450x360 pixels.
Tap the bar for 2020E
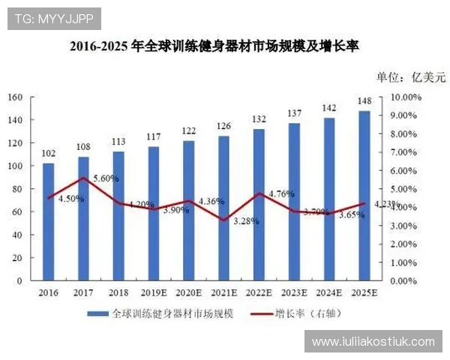[x=189, y=211]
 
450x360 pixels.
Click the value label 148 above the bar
[x=364, y=102]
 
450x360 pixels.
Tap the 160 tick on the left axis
[x=16, y=97]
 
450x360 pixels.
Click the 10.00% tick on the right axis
[x=406, y=97]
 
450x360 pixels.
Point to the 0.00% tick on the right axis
[x=404, y=281]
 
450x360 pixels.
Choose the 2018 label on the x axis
[x=118, y=293]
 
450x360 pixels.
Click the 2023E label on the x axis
[x=294, y=293]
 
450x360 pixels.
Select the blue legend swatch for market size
[x=97, y=313]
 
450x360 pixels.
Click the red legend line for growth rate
[x=260, y=313]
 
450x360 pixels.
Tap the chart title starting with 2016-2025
[x=214, y=46]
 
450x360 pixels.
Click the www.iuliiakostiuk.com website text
[x=373, y=341]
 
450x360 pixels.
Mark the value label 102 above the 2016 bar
[x=49, y=154]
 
